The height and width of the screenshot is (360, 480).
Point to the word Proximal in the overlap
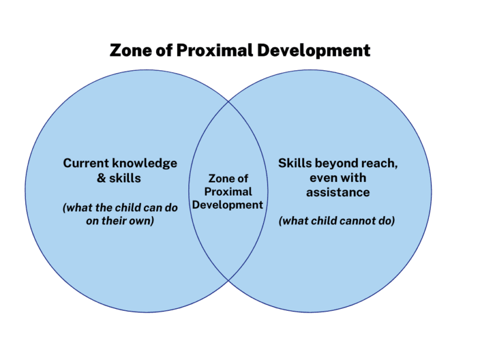228,192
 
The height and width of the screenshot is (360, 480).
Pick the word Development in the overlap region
228,205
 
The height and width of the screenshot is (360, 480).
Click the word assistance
338,193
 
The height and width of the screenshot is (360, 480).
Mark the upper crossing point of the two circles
229,101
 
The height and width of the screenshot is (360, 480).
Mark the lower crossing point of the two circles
229,281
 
